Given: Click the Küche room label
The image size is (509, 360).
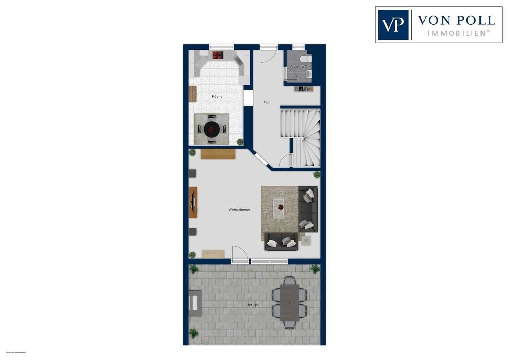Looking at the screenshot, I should pos(217,97).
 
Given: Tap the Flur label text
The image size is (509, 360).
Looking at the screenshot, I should pos(267,102).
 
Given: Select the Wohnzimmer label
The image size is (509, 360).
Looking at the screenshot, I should pos(239,210).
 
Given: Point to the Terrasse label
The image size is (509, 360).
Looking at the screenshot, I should pos(254,305).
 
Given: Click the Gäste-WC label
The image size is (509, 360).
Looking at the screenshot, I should pos(299,67).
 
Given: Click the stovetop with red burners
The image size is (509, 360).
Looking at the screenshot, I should pos(218,55).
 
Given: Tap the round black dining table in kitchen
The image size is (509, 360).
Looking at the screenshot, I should pos(212,129).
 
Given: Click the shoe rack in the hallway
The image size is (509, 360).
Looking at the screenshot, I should pos(303,89).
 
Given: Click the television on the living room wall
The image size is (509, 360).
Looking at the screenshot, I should pos(193,202).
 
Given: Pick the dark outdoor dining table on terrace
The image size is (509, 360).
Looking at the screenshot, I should pos(289,303).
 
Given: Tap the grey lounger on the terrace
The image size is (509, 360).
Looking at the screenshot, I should pos(195,303).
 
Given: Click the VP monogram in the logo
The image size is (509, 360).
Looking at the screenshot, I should pos(393,25).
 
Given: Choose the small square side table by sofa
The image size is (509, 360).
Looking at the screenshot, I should pos(306,240).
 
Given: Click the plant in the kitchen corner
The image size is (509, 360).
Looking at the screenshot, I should pos(240,142).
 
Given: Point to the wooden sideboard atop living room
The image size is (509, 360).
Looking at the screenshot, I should pos(218,154).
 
